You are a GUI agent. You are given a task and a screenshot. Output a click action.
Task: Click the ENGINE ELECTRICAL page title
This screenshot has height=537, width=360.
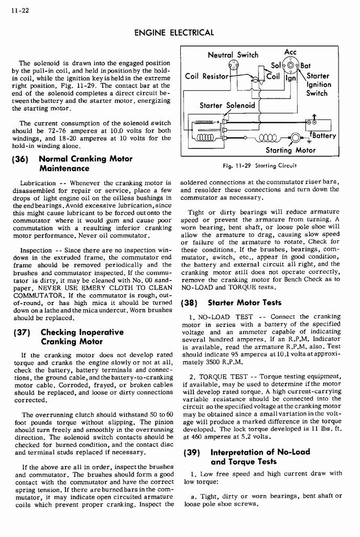(174, 33)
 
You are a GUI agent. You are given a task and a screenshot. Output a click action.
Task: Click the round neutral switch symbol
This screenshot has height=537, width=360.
(231, 67)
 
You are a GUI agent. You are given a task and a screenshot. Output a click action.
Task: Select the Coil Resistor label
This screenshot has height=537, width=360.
(207, 77)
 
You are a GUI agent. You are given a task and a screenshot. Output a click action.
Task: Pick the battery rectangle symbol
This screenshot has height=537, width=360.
(318, 124)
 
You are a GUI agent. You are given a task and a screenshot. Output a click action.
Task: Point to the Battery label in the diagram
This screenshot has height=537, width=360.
(322, 135)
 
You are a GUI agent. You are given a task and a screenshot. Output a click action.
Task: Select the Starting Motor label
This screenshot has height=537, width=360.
(291, 150)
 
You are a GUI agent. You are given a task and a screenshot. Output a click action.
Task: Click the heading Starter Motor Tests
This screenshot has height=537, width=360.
(245, 303)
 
